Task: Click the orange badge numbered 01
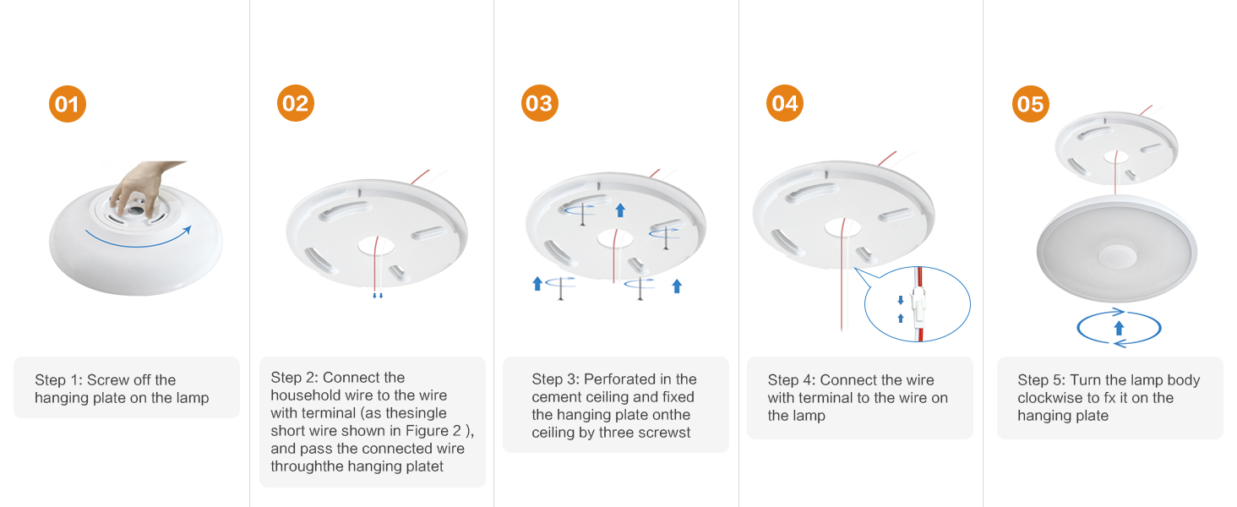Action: tap(68, 104)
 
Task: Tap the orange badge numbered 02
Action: tap(296, 103)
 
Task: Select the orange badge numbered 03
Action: tap(540, 103)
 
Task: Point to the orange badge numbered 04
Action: tap(785, 103)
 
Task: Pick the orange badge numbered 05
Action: tap(1031, 104)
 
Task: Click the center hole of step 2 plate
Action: tap(375, 246)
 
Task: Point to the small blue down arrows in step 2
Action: tap(378, 296)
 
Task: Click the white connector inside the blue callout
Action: tap(918, 306)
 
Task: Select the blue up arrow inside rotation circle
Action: tap(1119, 328)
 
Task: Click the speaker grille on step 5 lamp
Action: tap(1117, 257)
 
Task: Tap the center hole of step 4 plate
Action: tap(842, 227)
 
